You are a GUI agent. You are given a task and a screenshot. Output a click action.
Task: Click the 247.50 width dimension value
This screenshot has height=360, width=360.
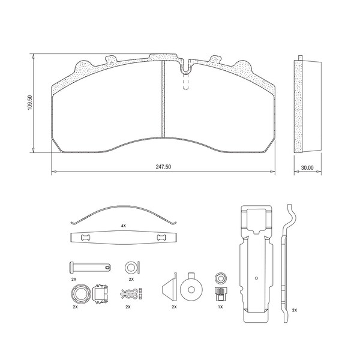[x=163, y=167]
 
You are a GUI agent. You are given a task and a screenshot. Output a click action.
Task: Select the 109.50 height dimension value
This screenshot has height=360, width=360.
[x=30, y=103]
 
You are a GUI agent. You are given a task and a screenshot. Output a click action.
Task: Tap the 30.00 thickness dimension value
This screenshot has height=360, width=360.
[x=307, y=167]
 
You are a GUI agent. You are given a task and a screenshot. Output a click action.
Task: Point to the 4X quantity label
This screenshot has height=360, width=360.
[x=123, y=226]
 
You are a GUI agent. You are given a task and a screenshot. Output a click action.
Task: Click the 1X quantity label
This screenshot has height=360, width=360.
[x=220, y=307]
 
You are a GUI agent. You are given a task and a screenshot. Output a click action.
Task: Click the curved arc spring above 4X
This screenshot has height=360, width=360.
[x=124, y=206]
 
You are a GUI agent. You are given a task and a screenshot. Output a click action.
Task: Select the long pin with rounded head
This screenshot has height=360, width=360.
[x=90, y=267]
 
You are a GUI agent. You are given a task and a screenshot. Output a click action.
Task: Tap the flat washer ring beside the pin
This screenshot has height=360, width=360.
[x=130, y=268]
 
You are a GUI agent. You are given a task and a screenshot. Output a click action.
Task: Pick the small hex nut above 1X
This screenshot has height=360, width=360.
[x=221, y=278]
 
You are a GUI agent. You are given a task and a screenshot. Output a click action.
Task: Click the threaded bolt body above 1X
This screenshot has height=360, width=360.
[x=221, y=294]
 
